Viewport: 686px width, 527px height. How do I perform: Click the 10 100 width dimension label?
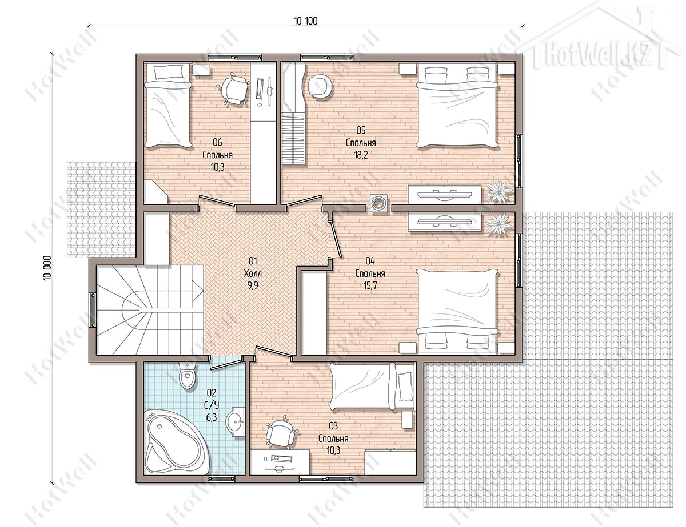[306, 21]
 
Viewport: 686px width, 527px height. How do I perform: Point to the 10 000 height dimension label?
[47, 268]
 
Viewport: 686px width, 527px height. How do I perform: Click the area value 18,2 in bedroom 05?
[361, 155]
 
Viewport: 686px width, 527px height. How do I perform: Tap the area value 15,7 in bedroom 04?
[370, 286]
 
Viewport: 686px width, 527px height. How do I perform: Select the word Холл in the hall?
[253, 273]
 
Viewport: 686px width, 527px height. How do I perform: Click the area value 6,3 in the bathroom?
[212, 418]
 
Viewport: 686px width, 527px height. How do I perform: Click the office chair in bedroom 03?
[281, 433]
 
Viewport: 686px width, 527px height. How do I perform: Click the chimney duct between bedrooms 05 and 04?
[379, 203]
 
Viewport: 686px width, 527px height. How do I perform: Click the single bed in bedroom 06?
[168, 106]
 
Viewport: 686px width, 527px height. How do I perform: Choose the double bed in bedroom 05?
[457, 107]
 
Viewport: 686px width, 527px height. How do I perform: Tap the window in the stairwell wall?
[93, 310]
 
